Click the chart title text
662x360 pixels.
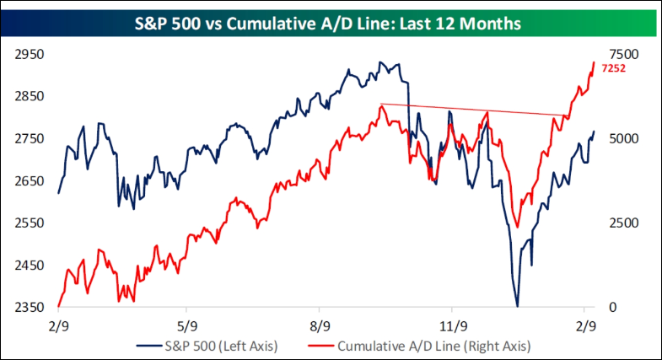(331, 23)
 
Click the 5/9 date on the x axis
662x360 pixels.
(186, 325)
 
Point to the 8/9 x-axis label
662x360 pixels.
(320, 325)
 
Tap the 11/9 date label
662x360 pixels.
(453, 325)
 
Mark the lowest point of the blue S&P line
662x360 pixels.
(517, 306)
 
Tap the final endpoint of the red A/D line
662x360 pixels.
(594, 62)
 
